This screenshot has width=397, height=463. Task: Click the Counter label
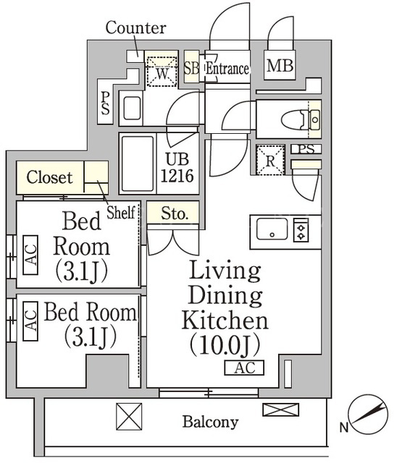click(x=135, y=27)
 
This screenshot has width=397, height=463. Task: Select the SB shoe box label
click(x=191, y=68)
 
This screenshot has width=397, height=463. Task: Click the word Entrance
click(x=227, y=69)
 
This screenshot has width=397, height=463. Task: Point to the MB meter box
click(x=280, y=65)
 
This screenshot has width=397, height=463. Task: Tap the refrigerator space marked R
click(x=270, y=160)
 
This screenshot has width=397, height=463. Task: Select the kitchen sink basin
click(x=272, y=229)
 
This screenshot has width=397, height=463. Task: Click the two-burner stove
click(x=301, y=230)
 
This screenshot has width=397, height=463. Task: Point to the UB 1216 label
click(x=177, y=168)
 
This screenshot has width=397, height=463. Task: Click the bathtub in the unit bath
click(x=138, y=163)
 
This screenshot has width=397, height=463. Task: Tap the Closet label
click(x=49, y=177)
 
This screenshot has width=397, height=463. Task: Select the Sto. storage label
click(x=175, y=213)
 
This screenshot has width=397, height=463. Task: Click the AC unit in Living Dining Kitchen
click(x=244, y=368)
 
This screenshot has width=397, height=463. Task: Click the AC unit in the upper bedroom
click(x=30, y=255)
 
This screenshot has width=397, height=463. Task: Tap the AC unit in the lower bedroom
click(x=30, y=321)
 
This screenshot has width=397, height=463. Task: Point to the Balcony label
click(x=210, y=422)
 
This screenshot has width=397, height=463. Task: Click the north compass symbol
click(x=367, y=415)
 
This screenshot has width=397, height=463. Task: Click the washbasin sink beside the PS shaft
click(x=132, y=108)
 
